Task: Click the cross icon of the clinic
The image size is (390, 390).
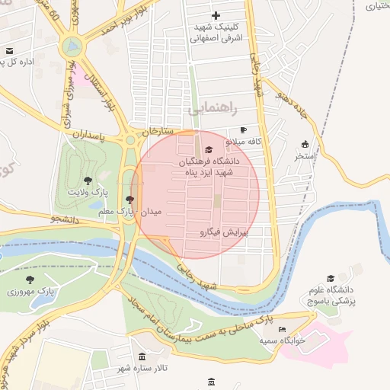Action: (x=216, y=15)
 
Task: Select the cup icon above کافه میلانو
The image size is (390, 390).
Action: (x=244, y=130)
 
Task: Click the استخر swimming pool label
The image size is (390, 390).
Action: (x=305, y=156)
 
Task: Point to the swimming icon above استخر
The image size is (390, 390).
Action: (x=305, y=144)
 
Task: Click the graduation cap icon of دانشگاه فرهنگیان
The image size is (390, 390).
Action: (x=209, y=149)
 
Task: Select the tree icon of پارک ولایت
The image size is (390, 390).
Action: (x=88, y=181)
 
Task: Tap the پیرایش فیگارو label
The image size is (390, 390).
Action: (x=225, y=231)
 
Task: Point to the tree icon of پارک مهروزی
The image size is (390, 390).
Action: (x=30, y=280)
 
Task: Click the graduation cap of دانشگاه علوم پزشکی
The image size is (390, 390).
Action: (x=331, y=278)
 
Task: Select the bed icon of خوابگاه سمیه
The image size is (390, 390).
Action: (x=282, y=329)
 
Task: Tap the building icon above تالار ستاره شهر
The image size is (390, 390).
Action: (x=142, y=356)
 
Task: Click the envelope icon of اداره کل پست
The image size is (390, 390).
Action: (x=9, y=51)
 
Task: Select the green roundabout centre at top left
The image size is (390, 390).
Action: (x=73, y=47)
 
